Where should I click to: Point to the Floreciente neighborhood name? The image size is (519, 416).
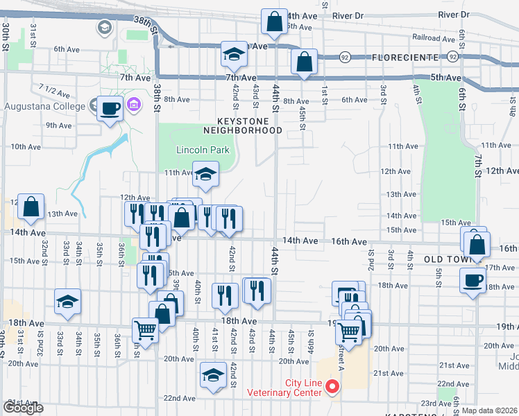coord(405,57)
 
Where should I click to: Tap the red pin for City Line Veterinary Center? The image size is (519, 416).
coord(332,387)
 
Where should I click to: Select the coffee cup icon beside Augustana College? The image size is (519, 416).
coord(110,108)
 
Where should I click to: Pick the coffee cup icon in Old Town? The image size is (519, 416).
coord(473,280)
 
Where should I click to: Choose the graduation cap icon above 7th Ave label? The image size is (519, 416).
coord(235,55)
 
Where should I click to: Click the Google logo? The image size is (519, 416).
coord(23,408)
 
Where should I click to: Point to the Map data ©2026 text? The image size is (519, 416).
coord(490,410)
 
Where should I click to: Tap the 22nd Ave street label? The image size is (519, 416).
coord(180,398)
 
